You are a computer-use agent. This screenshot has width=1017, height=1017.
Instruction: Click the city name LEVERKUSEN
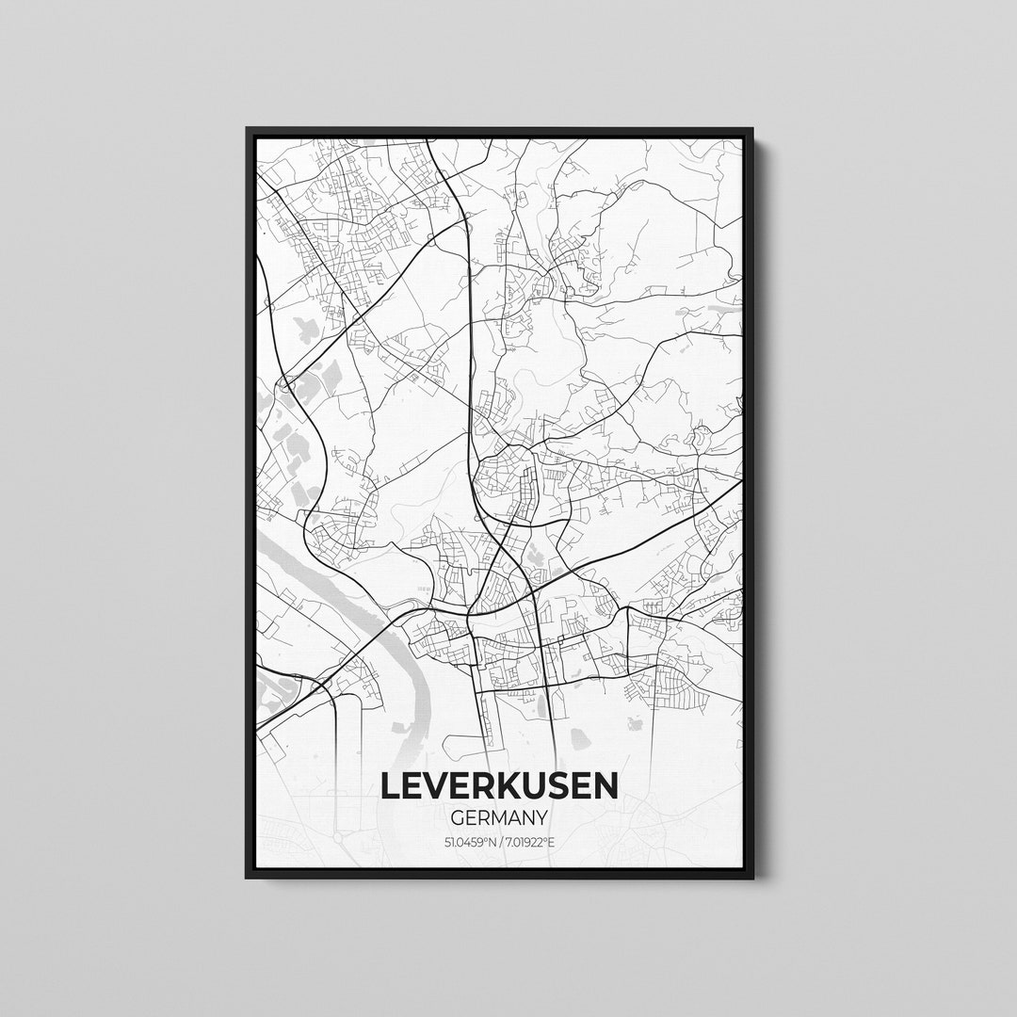pyautogui.click(x=499, y=785)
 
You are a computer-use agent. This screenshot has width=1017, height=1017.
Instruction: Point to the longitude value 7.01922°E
pyautogui.click(x=530, y=841)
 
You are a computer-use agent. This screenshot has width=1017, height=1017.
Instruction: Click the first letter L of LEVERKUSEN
pyautogui.click(x=390, y=785)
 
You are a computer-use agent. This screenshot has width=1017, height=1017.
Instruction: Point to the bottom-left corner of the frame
pyautogui.click(x=248, y=877)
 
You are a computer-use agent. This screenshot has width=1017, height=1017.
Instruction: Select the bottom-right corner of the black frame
pyautogui.click(x=751, y=877)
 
